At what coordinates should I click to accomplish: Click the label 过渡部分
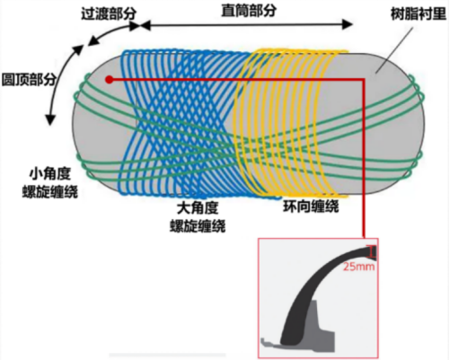[109, 13]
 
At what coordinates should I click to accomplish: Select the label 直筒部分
[249, 11]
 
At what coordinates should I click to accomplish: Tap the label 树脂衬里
[419, 13]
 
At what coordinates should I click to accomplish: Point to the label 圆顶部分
[29, 80]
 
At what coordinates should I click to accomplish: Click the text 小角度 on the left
[49, 174]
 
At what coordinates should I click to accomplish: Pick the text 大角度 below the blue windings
[198, 208]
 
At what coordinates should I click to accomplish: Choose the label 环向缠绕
[312, 206]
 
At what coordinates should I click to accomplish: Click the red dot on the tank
[110, 80]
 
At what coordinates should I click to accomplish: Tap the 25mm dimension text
[358, 267]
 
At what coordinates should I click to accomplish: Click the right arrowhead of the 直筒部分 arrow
[348, 24]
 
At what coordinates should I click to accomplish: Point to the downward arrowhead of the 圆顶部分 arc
[50, 119]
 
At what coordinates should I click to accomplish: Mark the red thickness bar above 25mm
[373, 252]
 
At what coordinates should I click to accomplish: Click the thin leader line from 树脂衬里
[394, 49]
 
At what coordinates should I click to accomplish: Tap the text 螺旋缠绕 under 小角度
[50, 191]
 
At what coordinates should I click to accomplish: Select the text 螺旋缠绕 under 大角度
[198, 226]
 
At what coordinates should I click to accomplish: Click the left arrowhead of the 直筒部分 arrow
[146, 25]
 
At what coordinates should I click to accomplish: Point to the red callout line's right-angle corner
[364, 80]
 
